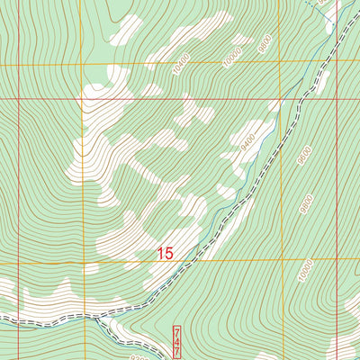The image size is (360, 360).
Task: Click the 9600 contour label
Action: [x=305, y=158]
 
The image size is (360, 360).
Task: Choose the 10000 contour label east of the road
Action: [x=307, y=269]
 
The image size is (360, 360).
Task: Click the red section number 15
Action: [x=164, y=255]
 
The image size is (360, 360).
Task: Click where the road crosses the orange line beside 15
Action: [x=190, y=261]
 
